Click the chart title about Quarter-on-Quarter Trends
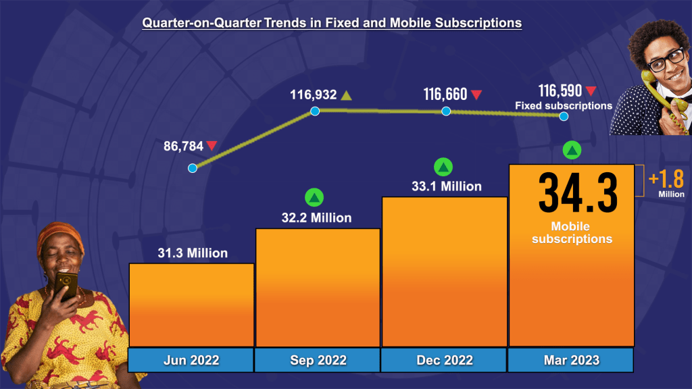tap(331, 23)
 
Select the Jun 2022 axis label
tap(191, 360)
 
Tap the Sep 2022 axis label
tap(318, 360)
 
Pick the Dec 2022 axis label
tap(444, 360)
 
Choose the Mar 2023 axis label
tap(571, 360)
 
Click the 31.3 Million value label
tap(193, 254)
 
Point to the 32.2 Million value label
tap(316, 218)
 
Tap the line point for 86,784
tap(193, 168)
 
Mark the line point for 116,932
tap(315, 111)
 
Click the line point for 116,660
tap(446, 111)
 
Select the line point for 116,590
tap(564, 117)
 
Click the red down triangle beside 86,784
tap(212, 145)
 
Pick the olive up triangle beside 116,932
tap(346, 95)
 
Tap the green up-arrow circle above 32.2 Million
tap(314, 198)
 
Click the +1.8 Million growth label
tap(666, 184)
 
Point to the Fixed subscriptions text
tap(564, 105)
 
